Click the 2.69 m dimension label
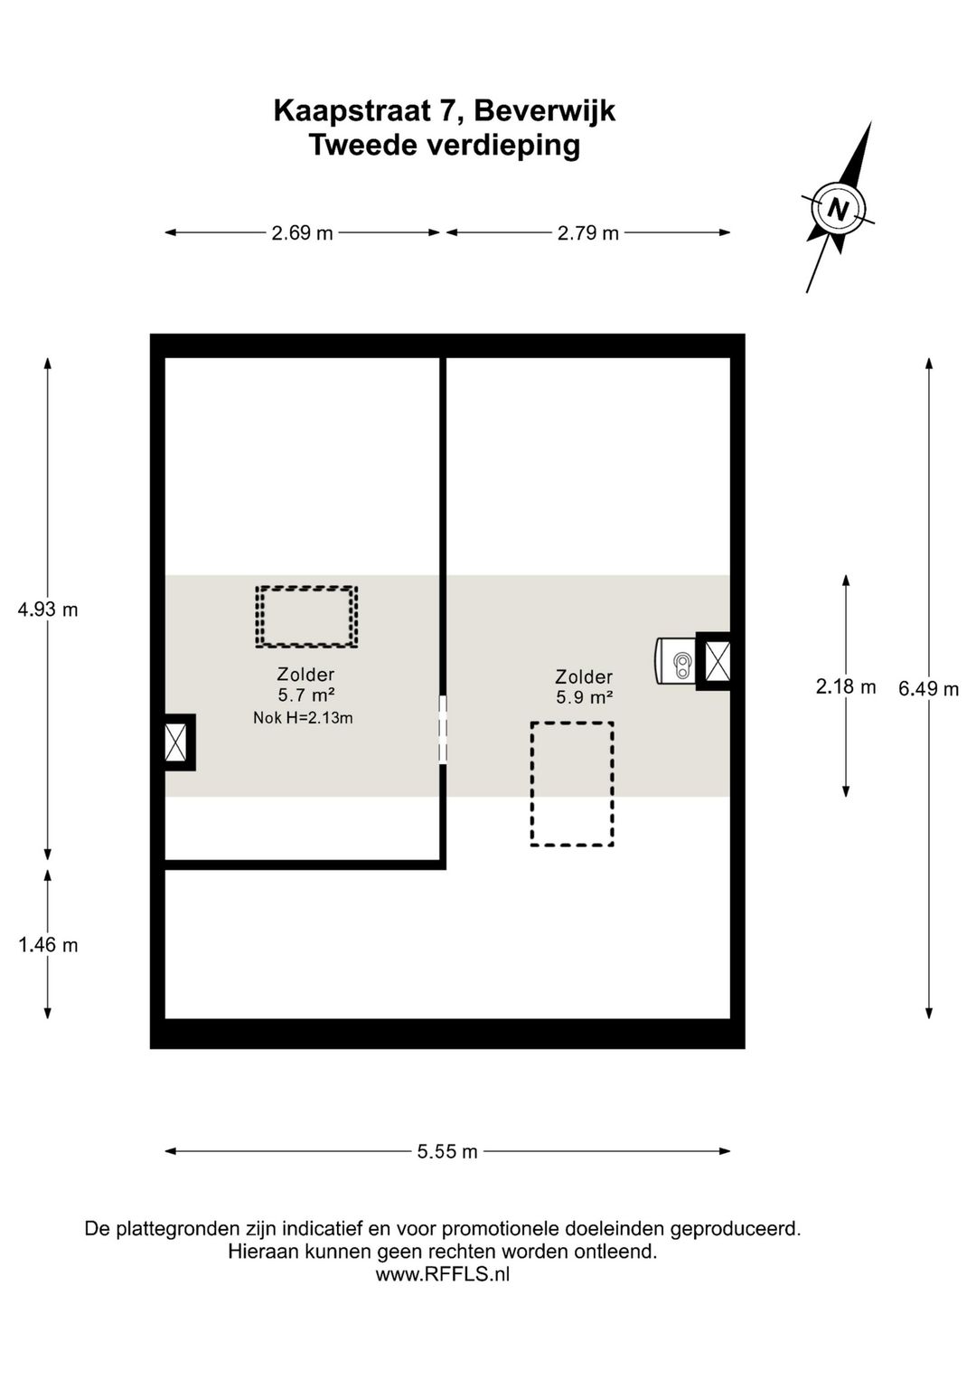[x=303, y=233]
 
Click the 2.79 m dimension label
[x=588, y=233]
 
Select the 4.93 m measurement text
[x=48, y=610]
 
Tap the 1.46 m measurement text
[x=48, y=945]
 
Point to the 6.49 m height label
[x=929, y=689]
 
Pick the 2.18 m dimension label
[x=846, y=686]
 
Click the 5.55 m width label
[x=447, y=1151]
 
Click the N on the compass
[x=838, y=210]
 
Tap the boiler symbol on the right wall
[x=675, y=661]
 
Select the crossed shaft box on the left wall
[x=175, y=742]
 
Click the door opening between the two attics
[x=443, y=730]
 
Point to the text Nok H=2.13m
[x=303, y=718]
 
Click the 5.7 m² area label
[x=306, y=695]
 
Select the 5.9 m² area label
[x=585, y=697]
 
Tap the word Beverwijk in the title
[x=545, y=111]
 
